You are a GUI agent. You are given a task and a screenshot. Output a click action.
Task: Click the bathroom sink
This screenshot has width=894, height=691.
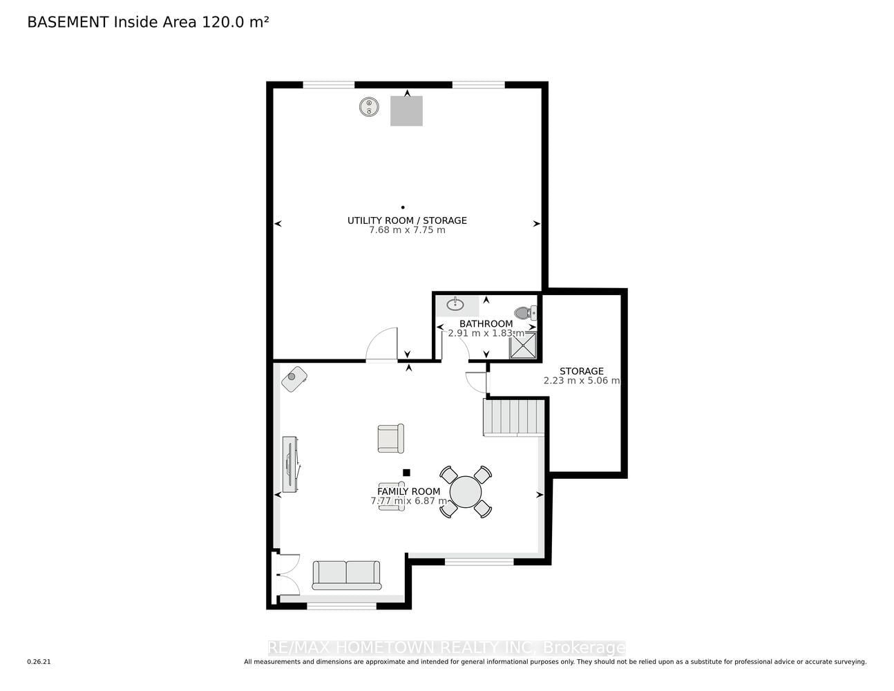455,305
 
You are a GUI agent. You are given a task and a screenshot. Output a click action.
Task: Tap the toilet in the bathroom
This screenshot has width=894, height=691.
525,312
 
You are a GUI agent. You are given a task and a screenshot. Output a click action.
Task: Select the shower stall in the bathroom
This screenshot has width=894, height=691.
523,345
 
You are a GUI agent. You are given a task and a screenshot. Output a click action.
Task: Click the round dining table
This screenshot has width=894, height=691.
465,491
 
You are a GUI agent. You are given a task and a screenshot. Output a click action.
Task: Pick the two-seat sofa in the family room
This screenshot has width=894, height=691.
346,575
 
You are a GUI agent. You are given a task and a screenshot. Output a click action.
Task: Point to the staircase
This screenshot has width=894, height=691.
513,417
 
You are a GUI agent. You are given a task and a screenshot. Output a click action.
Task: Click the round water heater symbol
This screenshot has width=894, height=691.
369,107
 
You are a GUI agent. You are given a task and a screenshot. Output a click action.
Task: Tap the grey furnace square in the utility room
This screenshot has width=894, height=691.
406,111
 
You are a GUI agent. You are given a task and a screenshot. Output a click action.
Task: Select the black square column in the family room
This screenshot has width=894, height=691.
406,473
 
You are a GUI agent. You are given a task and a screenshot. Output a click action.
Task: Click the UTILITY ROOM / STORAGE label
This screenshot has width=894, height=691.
407,220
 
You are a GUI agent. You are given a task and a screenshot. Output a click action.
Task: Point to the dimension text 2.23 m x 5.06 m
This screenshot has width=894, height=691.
581,381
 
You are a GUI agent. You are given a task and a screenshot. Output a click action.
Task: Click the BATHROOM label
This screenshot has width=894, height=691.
486,323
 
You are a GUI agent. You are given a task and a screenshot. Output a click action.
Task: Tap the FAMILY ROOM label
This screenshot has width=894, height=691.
408,491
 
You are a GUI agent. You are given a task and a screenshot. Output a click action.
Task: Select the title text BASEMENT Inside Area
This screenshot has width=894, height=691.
112,22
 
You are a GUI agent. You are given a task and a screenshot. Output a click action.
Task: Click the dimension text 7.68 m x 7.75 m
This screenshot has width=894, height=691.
407,230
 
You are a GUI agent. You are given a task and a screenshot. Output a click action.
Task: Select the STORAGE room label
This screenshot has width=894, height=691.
581,371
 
